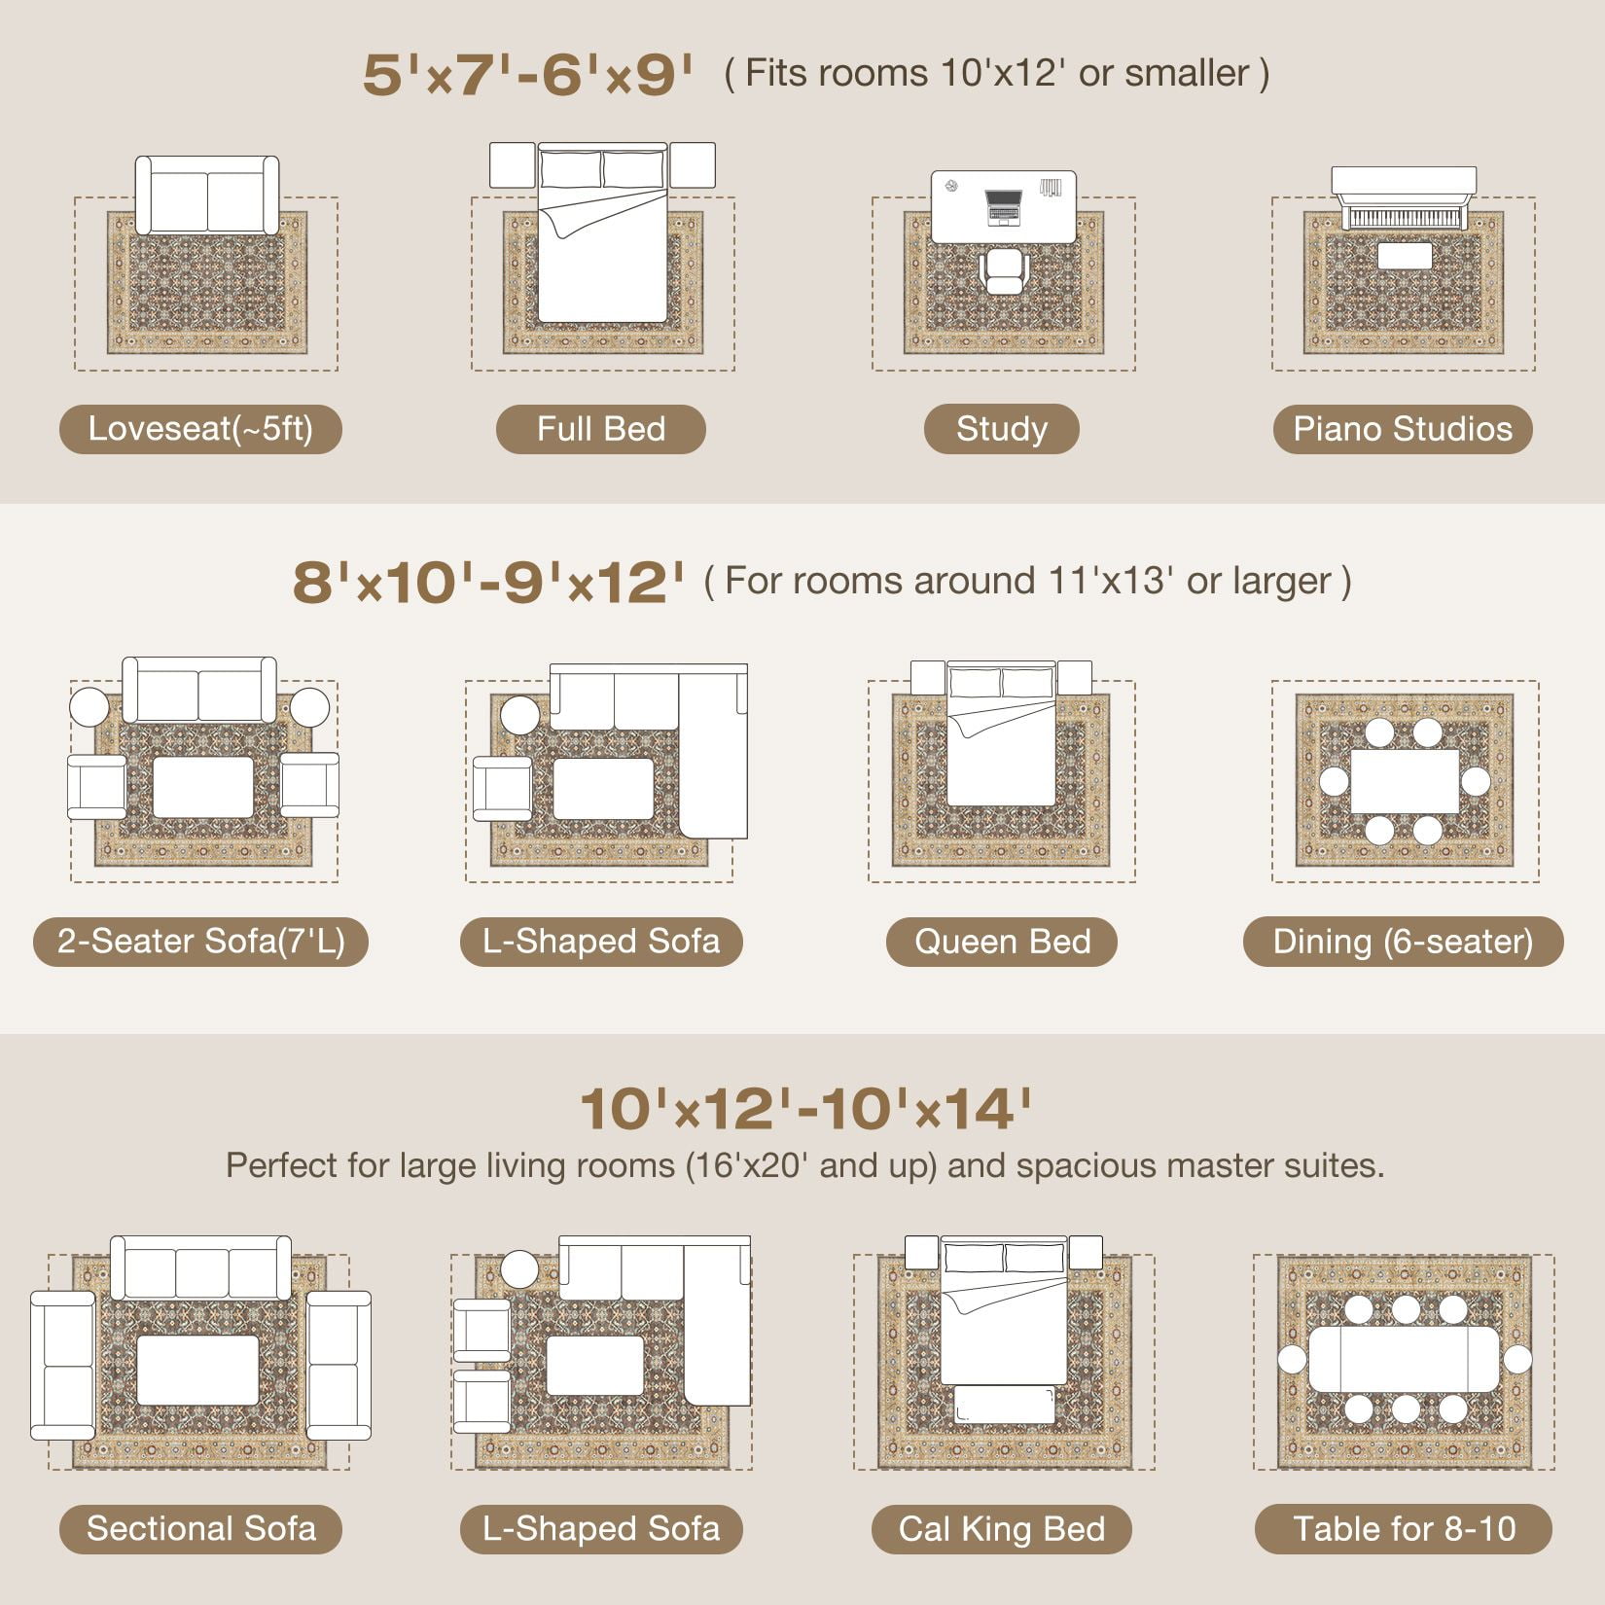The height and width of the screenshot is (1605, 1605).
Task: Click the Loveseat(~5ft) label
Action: pyautogui.click(x=200, y=429)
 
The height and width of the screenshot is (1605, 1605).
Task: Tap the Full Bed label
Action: pyautogui.click(x=601, y=429)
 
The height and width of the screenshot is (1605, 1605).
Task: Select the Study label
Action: pyautogui.click(x=1002, y=429)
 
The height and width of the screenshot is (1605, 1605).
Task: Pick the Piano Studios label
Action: pyautogui.click(x=1403, y=429)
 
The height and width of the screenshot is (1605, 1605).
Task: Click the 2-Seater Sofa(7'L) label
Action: pyautogui.click(x=200, y=942)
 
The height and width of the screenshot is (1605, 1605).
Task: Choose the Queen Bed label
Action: pyautogui.click(x=1002, y=942)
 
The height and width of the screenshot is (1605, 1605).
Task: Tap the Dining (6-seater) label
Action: pyautogui.click(x=1403, y=942)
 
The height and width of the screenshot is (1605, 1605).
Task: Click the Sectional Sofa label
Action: pyautogui.click(x=200, y=1529)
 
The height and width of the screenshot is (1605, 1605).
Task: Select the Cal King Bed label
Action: pyautogui.click(x=1002, y=1529)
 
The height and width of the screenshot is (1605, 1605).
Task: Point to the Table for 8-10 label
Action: pyautogui.click(x=1404, y=1529)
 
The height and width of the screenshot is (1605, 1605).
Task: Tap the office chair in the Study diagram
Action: pyautogui.click(x=1004, y=270)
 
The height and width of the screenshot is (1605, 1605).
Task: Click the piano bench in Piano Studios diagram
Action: pyautogui.click(x=1405, y=256)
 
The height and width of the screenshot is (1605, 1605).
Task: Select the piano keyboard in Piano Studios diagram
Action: pyautogui.click(x=1404, y=217)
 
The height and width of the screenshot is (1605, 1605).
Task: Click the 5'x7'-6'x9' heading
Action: pyautogui.click(x=528, y=75)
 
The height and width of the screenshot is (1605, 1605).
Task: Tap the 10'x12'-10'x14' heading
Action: pyautogui.click(x=805, y=1109)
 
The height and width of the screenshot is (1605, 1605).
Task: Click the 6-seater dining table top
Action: pyautogui.click(x=1405, y=781)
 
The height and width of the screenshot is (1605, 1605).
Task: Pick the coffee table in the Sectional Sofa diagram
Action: pyautogui.click(x=197, y=1370)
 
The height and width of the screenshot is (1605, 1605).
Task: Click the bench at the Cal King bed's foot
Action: pyautogui.click(x=1004, y=1405)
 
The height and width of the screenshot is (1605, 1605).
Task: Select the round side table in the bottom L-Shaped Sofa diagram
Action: pyautogui.click(x=519, y=1270)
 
